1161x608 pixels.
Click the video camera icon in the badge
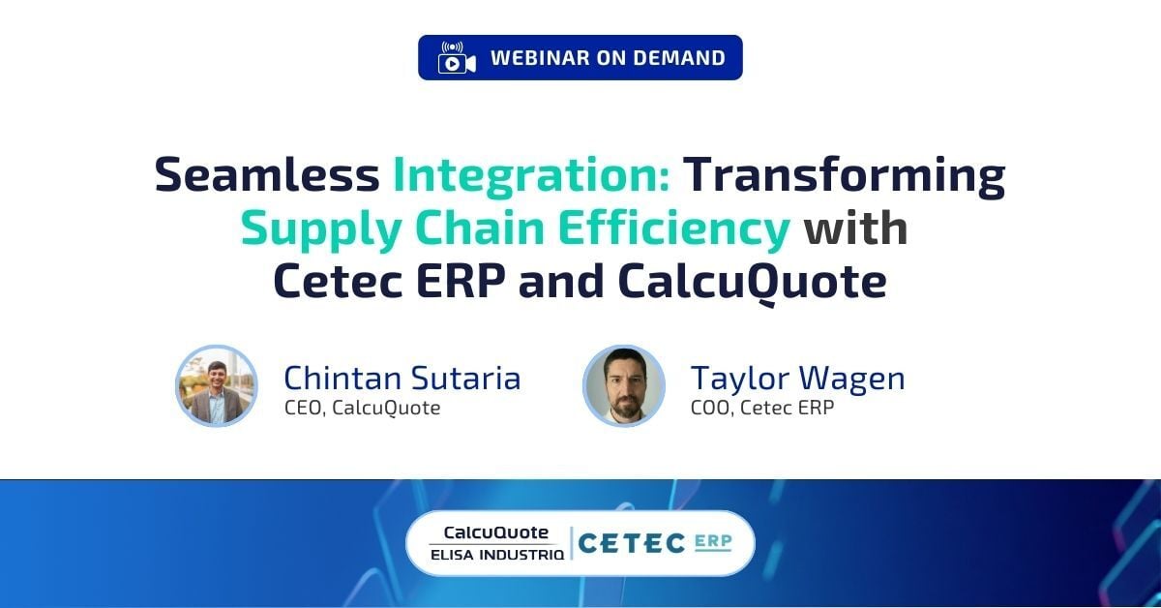(x=457, y=58)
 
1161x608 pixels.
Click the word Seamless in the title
(x=267, y=175)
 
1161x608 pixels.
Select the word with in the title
(x=856, y=229)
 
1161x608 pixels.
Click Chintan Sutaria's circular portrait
(x=217, y=385)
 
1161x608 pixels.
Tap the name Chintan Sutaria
(x=402, y=378)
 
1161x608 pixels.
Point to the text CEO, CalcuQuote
(x=362, y=408)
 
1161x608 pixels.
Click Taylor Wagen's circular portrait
(x=624, y=385)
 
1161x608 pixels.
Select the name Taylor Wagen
(x=797, y=378)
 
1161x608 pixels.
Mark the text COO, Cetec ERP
(x=761, y=408)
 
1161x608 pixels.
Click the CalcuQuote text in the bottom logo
(x=495, y=532)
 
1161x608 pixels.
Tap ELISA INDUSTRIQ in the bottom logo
(x=497, y=555)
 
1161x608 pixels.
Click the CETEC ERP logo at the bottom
(x=654, y=543)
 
